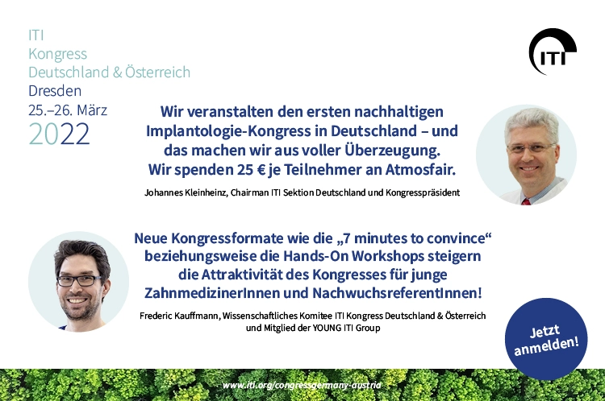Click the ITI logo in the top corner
tap(552, 52)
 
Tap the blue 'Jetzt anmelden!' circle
tap(546, 339)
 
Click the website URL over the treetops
tap(302, 385)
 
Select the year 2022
tap(59, 134)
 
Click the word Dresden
tap(55, 91)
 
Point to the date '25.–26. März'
tap(68, 110)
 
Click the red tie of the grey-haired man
tap(525, 201)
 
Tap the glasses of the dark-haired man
tap(79, 281)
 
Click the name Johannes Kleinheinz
tap(186, 192)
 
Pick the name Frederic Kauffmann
tap(179, 316)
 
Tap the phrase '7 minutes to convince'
tap(413, 238)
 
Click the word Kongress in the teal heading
tap(58, 54)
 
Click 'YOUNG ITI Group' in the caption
tap(346, 329)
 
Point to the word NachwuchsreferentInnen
tap(397, 293)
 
